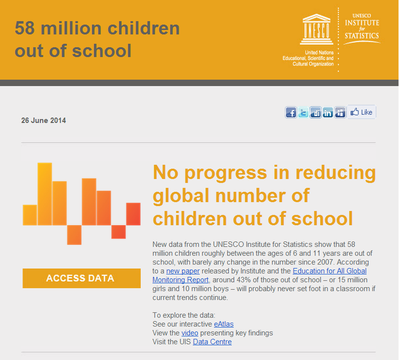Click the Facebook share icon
[x=291, y=112]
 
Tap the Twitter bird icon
[x=303, y=112]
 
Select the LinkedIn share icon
[x=328, y=112]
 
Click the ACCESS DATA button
[x=82, y=278]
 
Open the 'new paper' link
[x=183, y=271]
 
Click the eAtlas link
[x=224, y=324]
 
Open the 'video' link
[x=189, y=333]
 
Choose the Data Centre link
[x=212, y=342]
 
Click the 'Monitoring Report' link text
[x=181, y=280]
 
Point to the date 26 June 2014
[x=43, y=120]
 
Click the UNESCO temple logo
[x=316, y=29]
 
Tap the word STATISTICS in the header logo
[x=362, y=35]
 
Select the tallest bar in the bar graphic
[x=45, y=194]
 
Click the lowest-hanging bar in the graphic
[x=74, y=235]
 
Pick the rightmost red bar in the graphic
[x=133, y=214]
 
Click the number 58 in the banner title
[x=25, y=28]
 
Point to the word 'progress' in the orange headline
[x=225, y=173]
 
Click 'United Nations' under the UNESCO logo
[x=319, y=53]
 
